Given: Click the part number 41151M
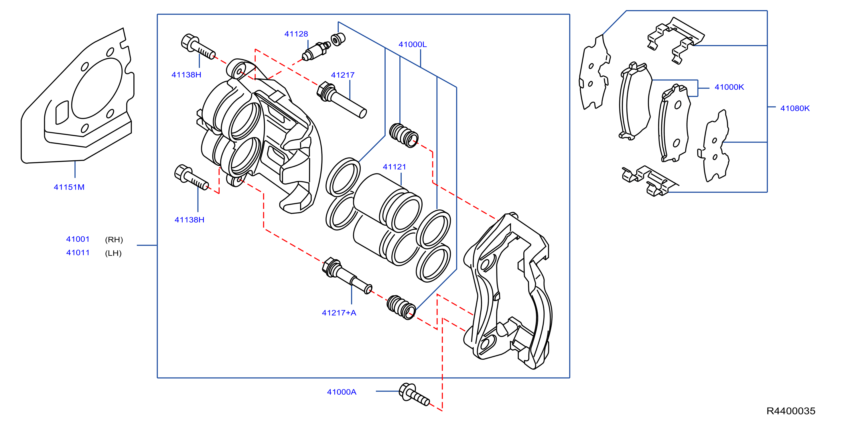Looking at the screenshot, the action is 69,187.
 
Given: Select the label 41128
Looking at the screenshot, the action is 296,34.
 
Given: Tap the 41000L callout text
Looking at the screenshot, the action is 413,44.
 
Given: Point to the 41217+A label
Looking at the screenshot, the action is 339,313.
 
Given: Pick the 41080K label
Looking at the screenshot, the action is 795,108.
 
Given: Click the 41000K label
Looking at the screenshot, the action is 729,87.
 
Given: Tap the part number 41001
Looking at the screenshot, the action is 78,239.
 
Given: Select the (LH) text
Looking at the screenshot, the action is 113,253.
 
